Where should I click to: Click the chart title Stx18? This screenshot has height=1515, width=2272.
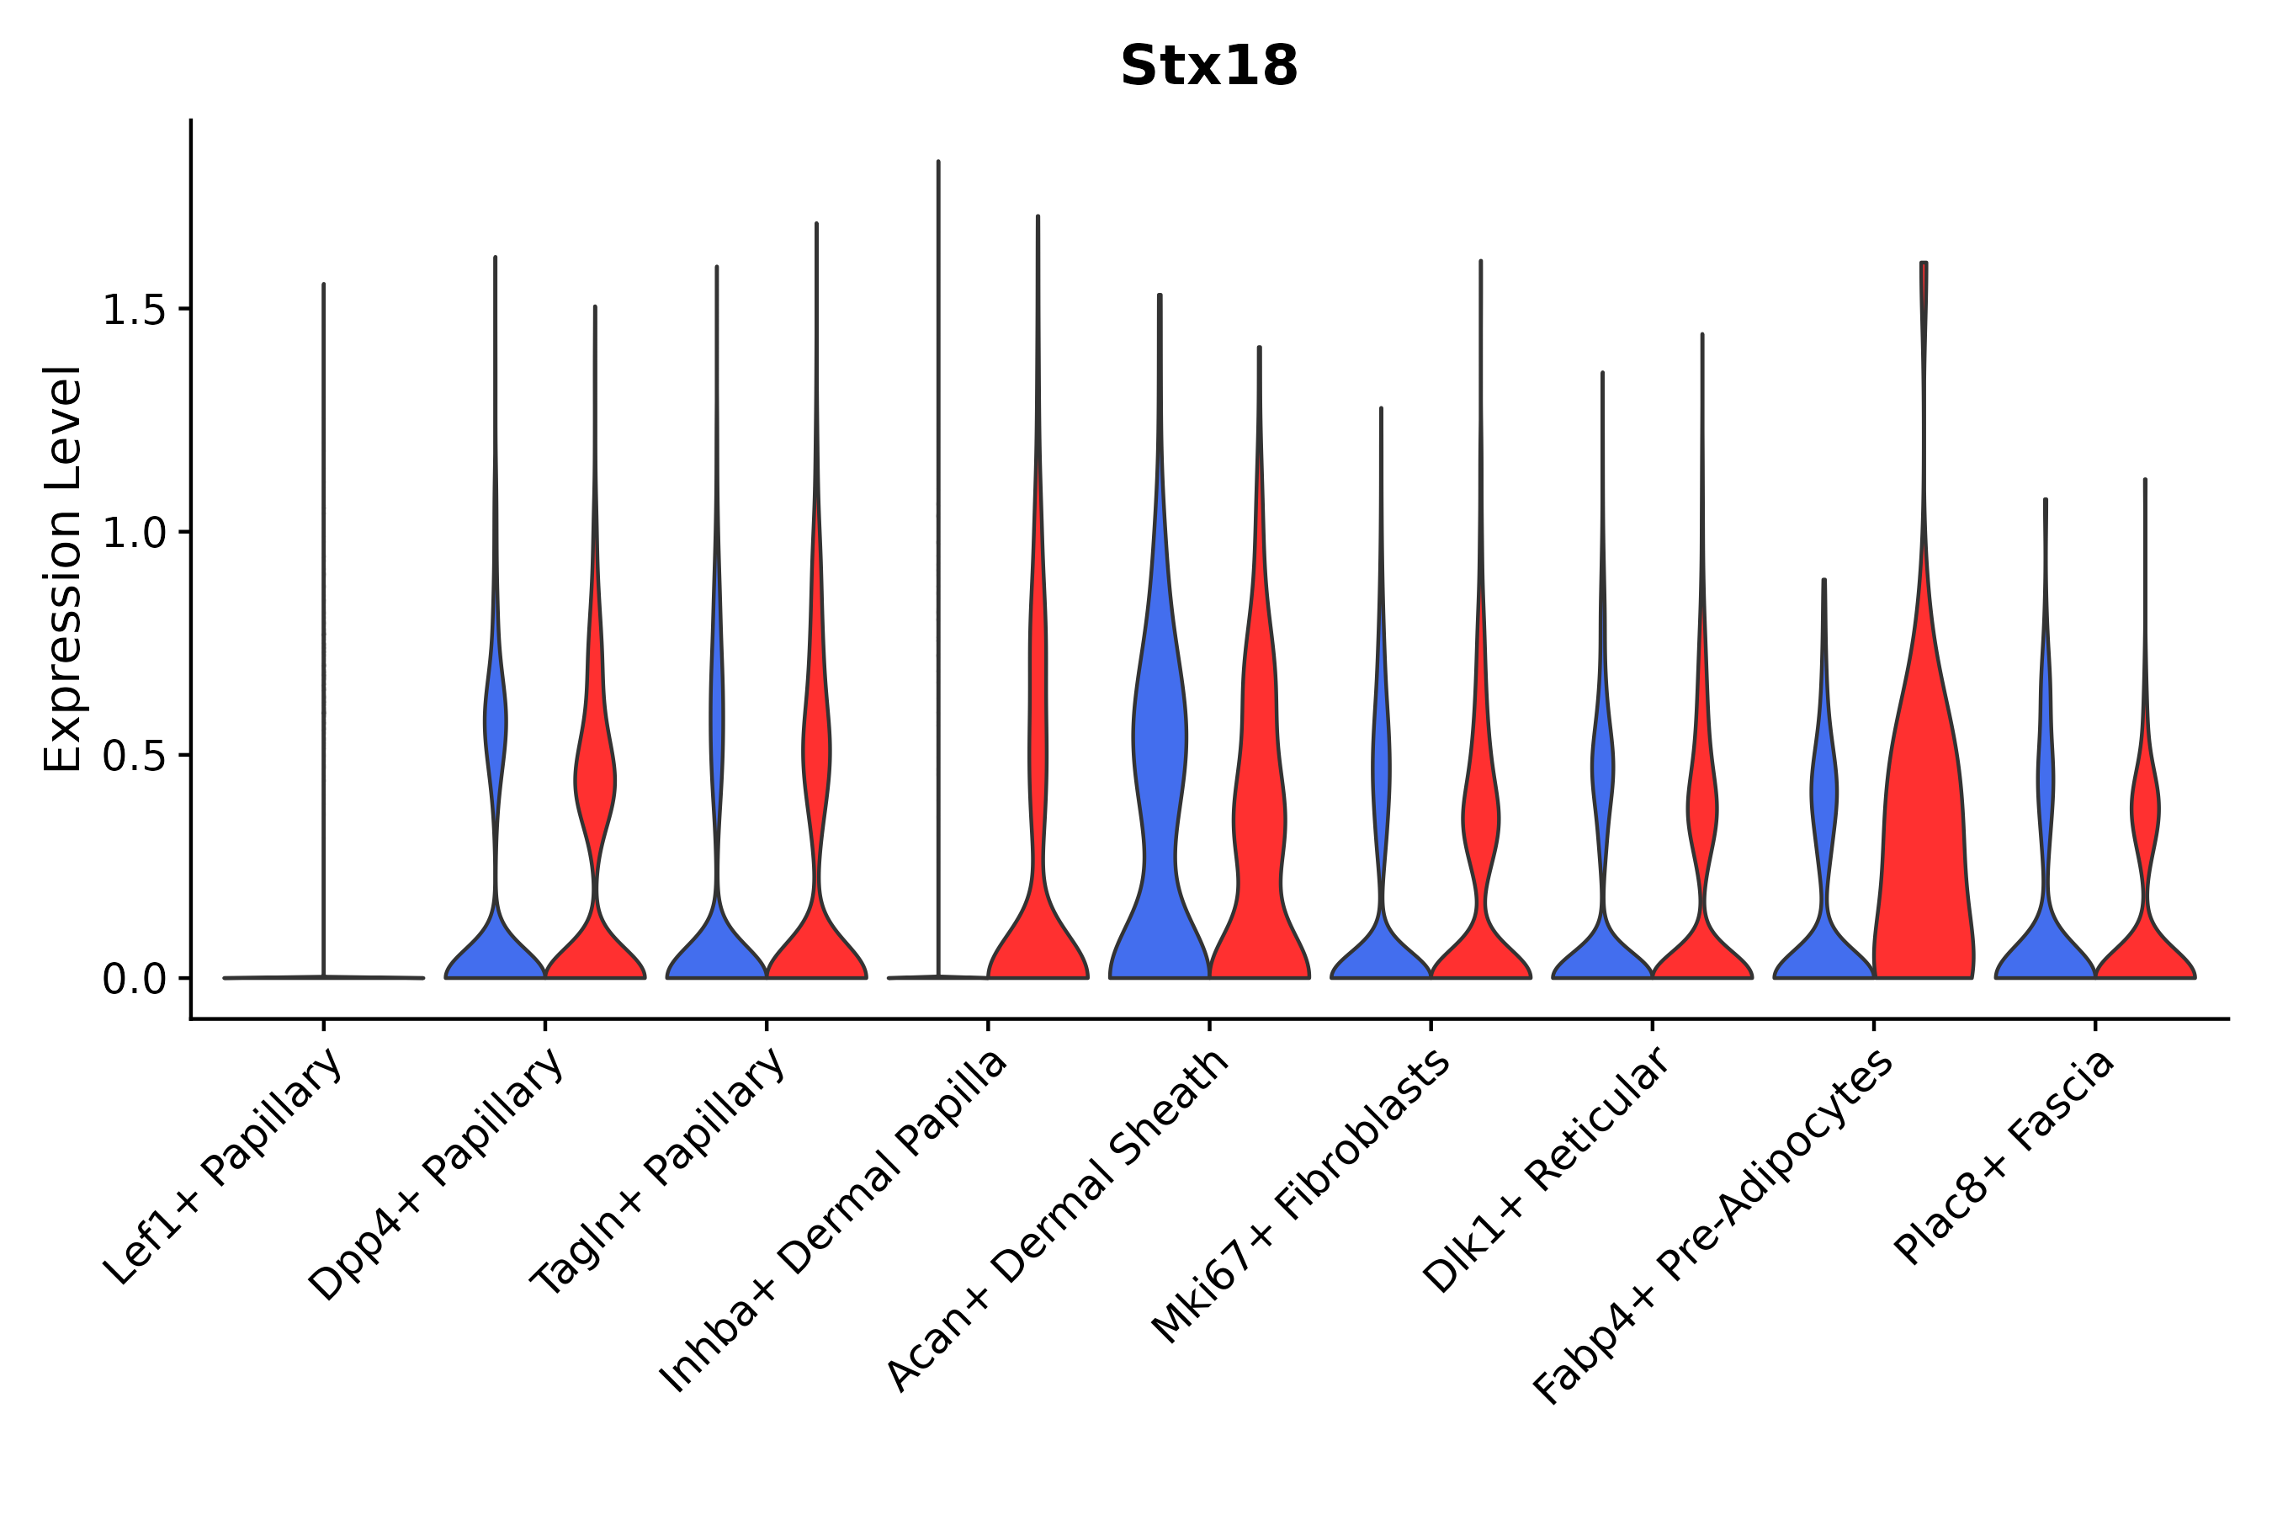[x=1208, y=66]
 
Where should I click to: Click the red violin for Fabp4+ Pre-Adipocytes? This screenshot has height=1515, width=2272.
[x=1922, y=821]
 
